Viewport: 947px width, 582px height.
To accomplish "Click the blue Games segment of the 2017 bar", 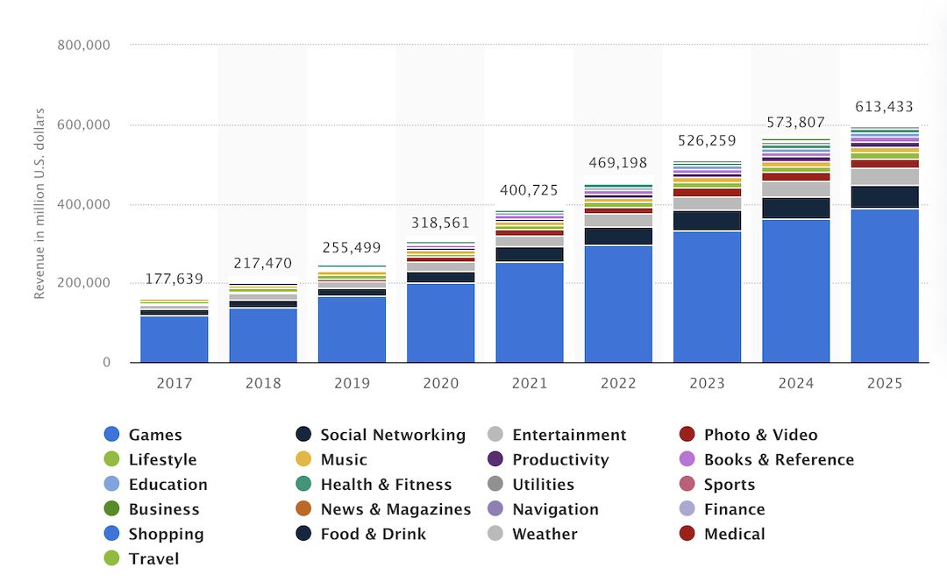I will (174, 339).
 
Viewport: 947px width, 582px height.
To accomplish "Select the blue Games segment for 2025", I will (885, 285).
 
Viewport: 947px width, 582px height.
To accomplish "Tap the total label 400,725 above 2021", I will (530, 190).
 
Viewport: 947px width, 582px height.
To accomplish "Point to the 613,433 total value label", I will (884, 107).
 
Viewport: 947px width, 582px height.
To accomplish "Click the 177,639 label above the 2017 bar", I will (174, 280).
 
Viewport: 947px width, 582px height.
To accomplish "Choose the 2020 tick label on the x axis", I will (440, 383).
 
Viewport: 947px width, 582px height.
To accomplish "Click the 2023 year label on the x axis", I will (707, 383).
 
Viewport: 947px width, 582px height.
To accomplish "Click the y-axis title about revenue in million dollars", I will (39, 204).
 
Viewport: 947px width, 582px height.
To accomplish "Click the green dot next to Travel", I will (111, 558).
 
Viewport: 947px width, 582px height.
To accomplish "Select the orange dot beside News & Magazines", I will (303, 509).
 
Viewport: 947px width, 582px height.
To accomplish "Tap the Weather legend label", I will (545, 534).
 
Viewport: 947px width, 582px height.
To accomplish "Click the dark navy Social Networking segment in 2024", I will (795, 208).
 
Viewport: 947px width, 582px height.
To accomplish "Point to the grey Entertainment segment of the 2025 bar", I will (885, 176).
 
